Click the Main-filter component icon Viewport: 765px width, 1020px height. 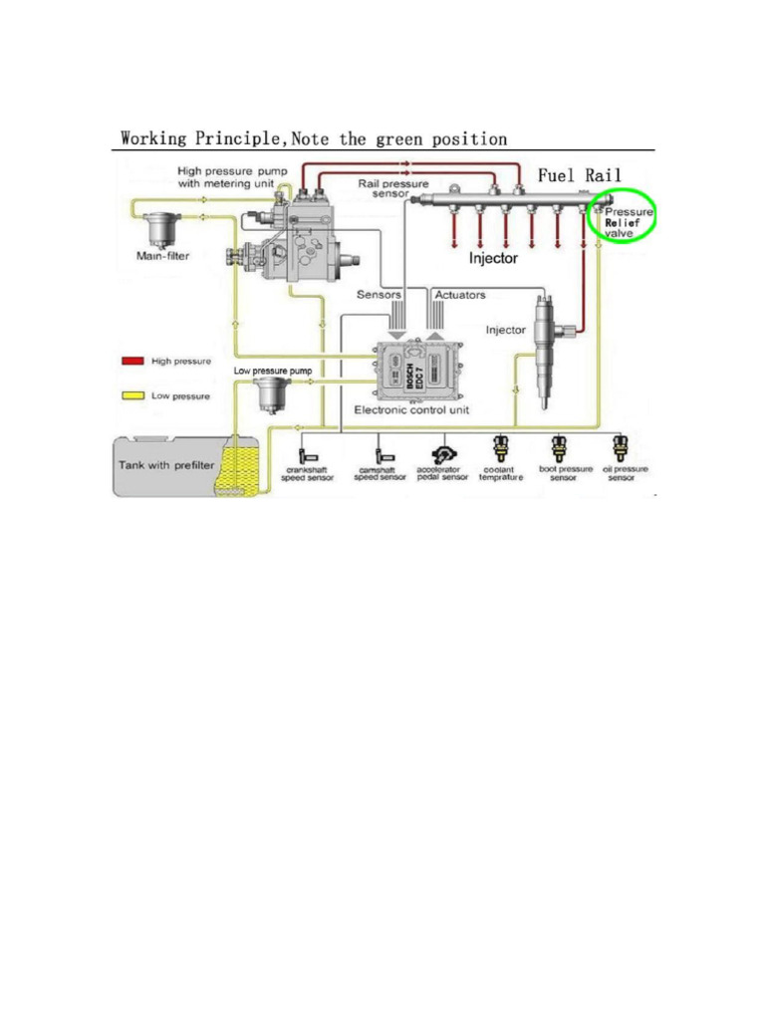click(158, 231)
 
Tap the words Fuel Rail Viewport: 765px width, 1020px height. click(580, 175)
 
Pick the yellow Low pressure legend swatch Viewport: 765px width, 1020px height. click(132, 395)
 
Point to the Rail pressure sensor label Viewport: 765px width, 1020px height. click(393, 189)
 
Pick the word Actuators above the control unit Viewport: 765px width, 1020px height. click(460, 296)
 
